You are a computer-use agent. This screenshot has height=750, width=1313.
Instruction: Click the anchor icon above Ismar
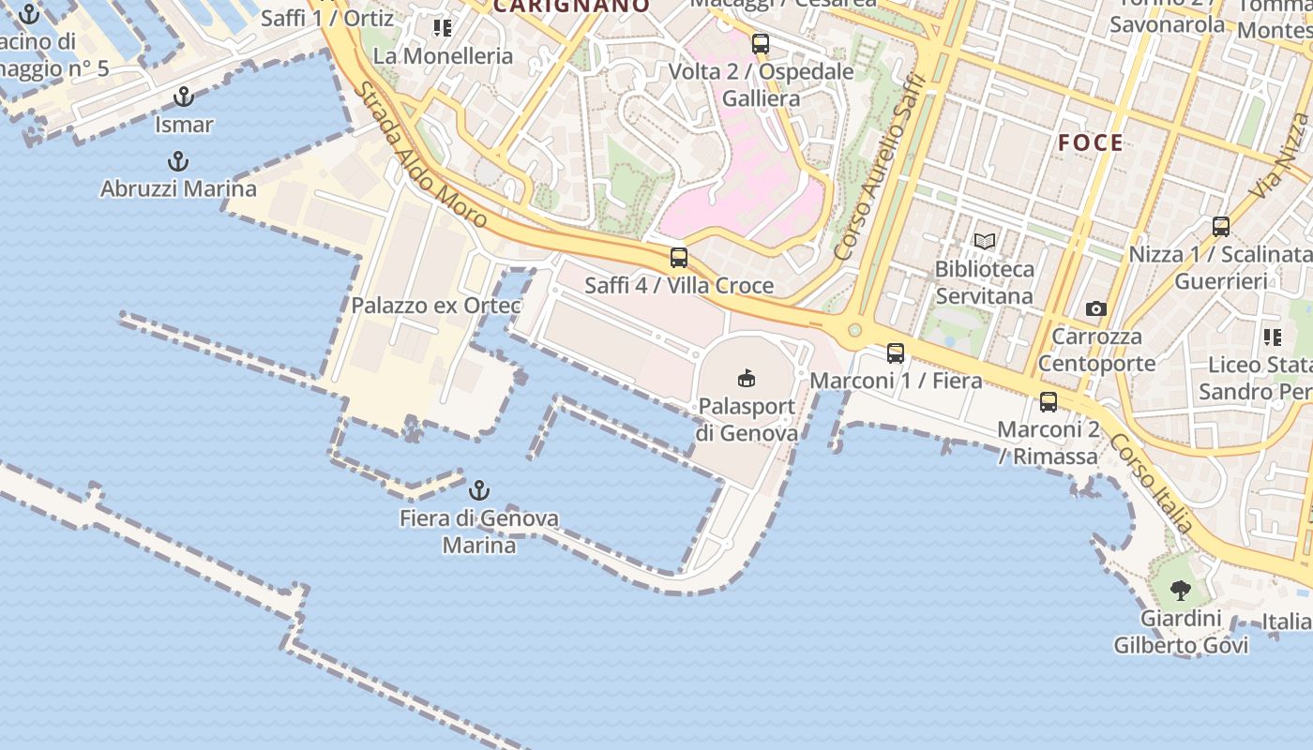pyautogui.click(x=184, y=97)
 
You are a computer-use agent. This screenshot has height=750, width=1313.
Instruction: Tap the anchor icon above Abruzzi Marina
pyautogui.click(x=178, y=162)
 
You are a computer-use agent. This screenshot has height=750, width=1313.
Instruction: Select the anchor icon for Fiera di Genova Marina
pyautogui.click(x=479, y=490)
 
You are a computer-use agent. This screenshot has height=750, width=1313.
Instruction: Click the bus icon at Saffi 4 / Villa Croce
pyautogui.click(x=679, y=258)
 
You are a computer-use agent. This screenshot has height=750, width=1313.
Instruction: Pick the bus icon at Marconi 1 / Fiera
pyautogui.click(x=896, y=353)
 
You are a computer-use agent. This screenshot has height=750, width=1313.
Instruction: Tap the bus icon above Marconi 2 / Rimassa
pyautogui.click(x=1049, y=402)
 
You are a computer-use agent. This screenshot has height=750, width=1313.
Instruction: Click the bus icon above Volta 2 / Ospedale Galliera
pyautogui.click(x=761, y=44)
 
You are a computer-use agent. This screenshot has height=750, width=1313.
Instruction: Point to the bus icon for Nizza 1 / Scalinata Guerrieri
pyautogui.click(x=1221, y=227)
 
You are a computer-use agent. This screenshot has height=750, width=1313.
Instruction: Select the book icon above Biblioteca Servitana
pyautogui.click(x=985, y=242)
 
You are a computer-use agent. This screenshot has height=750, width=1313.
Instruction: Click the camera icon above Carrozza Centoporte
pyautogui.click(x=1095, y=308)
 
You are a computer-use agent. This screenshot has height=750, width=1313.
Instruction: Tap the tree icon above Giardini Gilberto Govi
pyautogui.click(x=1181, y=591)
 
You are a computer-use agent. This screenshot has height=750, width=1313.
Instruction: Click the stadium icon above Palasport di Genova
pyautogui.click(x=747, y=379)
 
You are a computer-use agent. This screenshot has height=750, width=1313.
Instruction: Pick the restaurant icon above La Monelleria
pyautogui.click(x=443, y=28)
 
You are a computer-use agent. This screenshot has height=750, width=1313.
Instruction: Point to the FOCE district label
pyautogui.click(x=1091, y=142)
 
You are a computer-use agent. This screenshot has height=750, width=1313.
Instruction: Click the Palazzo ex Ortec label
pyautogui.click(x=436, y=306)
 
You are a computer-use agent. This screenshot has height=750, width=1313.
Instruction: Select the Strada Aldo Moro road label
pyautogui.click(x=421, y=156)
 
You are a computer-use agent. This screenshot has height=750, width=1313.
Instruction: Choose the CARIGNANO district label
pyautogui.click(x=571, y=6)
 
